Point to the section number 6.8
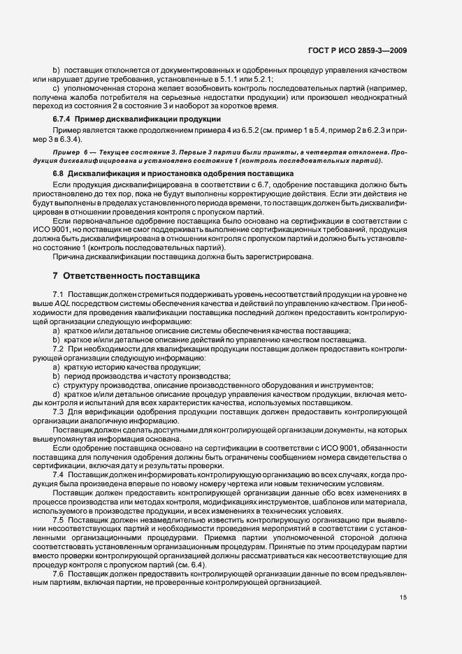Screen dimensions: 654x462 point(58,172)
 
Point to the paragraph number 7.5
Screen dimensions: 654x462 point(58,520)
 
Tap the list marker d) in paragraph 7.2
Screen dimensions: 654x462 point(56,395)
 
